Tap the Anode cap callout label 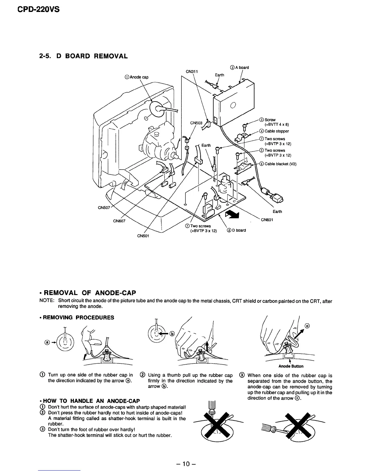coord(136,77)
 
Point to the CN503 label coord(196,123)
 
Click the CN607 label coord(119,221)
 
